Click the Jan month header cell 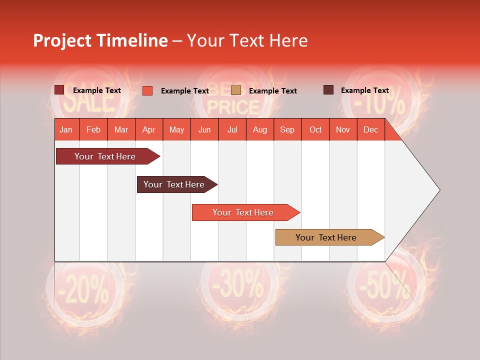pyautogui.click(x=66, y=129)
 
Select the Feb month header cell pyautogui.click(x=93, y=129)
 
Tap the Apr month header pyautogui.click(x=148, y=129)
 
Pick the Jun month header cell pyautogui.click(x=204, y=129)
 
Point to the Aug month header pyautogui.click(x=259, y=129)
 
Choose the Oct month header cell pyautogui.click(x=315, y=129)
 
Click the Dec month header pyautogui.click(x=370, y=129)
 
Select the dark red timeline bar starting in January pyautogui.click(x=105, y=156)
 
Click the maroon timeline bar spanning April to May pyautogui.click(x=174, y=184)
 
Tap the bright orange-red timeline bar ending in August pyautogui.click(x=243, y=212)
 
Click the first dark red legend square pyautogui.click(x=59, y=90)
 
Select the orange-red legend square pyautogui.click(x=147, y=90)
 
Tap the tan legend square pyautogui.click(x=236, y=90)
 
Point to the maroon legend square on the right pyautogui.click(x=328, y=90)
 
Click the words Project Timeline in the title pyautogui.click(x=100, y=40)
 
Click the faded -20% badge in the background pyautogui.click(x=83, y=290)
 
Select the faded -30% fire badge pyautogui.click(x=239, y=287)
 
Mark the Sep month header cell pyautogui.click(x=287, y=129)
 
